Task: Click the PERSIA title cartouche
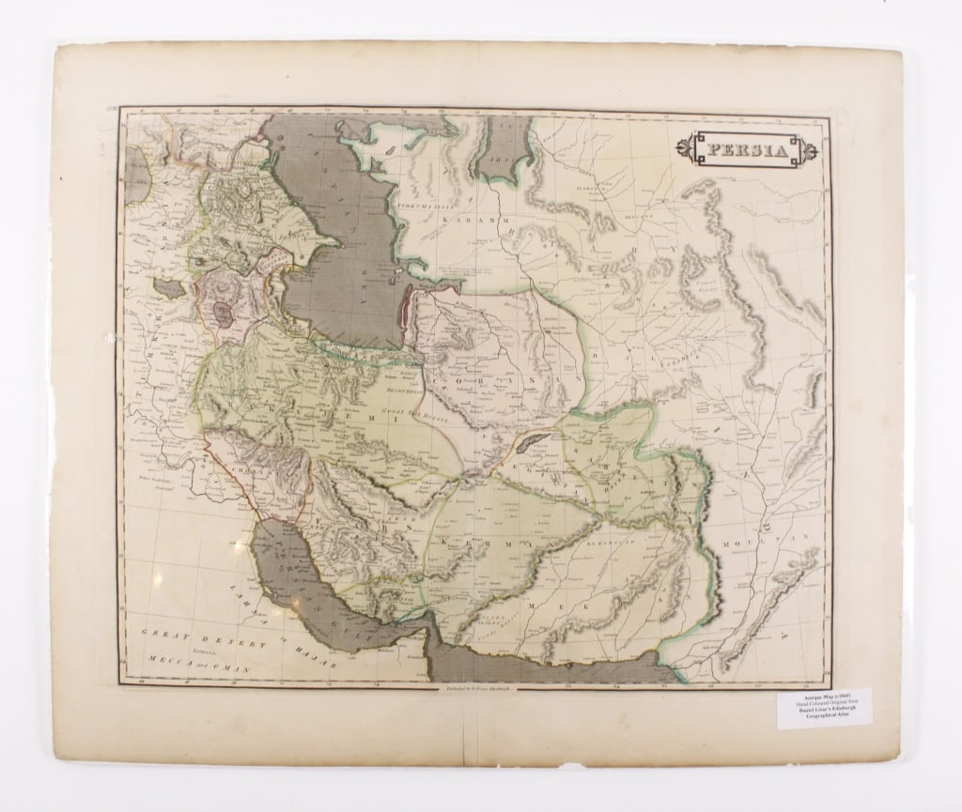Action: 749,151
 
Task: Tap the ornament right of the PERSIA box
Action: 804,151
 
